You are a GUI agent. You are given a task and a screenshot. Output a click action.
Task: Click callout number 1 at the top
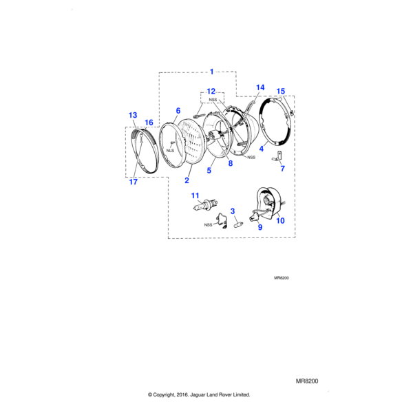[x=211, y=71]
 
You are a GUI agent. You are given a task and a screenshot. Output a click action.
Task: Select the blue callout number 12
[x=211, y=91]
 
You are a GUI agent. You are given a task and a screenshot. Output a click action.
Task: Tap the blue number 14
[x=260, y=87]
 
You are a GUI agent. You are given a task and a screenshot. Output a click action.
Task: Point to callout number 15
[x=280, y=92]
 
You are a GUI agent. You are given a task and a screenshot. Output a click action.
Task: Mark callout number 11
[x=195, y=195]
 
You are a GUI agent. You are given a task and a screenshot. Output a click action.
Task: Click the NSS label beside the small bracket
[x=207, y=224]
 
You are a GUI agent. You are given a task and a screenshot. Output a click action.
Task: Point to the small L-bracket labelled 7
[x=281, y=156]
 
